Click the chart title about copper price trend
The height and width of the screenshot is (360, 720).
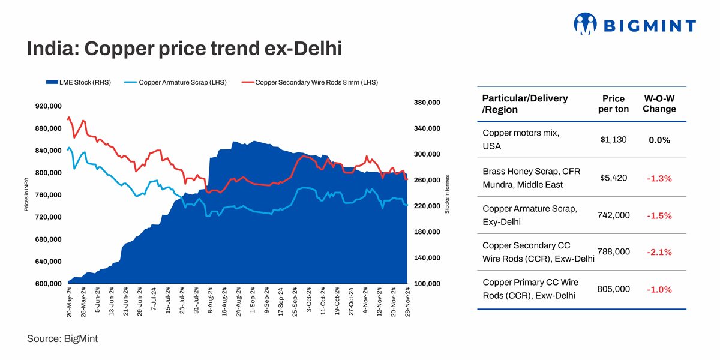(184, 49)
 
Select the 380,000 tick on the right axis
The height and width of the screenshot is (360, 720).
(427, 103)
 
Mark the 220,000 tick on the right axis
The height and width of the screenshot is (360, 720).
(427, 206)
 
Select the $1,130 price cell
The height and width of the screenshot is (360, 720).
(613, 139)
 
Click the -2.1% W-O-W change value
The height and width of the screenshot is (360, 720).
(659, 253)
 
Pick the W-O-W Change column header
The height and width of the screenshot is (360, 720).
(659, 103)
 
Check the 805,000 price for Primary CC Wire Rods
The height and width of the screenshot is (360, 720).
(613, 289)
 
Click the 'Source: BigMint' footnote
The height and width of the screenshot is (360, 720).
(62, 339)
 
